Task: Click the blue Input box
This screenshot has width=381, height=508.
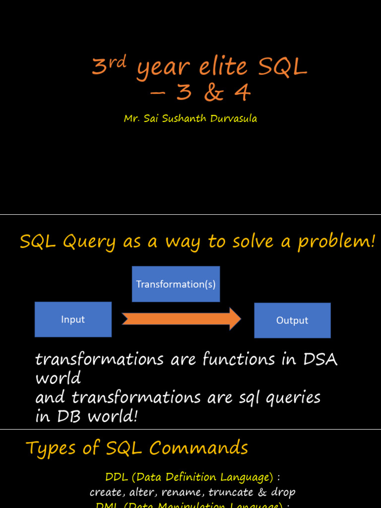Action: tap(73, 319)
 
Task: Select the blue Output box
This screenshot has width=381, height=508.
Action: tap(292, 320)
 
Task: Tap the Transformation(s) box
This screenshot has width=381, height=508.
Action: tap(176, 284)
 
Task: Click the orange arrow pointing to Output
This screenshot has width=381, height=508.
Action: tap(181, 318)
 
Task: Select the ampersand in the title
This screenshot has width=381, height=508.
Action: tap(214, 93)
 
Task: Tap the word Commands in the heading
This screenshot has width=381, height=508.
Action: tap(198, 448)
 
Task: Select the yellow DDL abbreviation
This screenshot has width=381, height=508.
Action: tap(117, 477)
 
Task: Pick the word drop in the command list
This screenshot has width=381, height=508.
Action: tap(283, 493)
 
